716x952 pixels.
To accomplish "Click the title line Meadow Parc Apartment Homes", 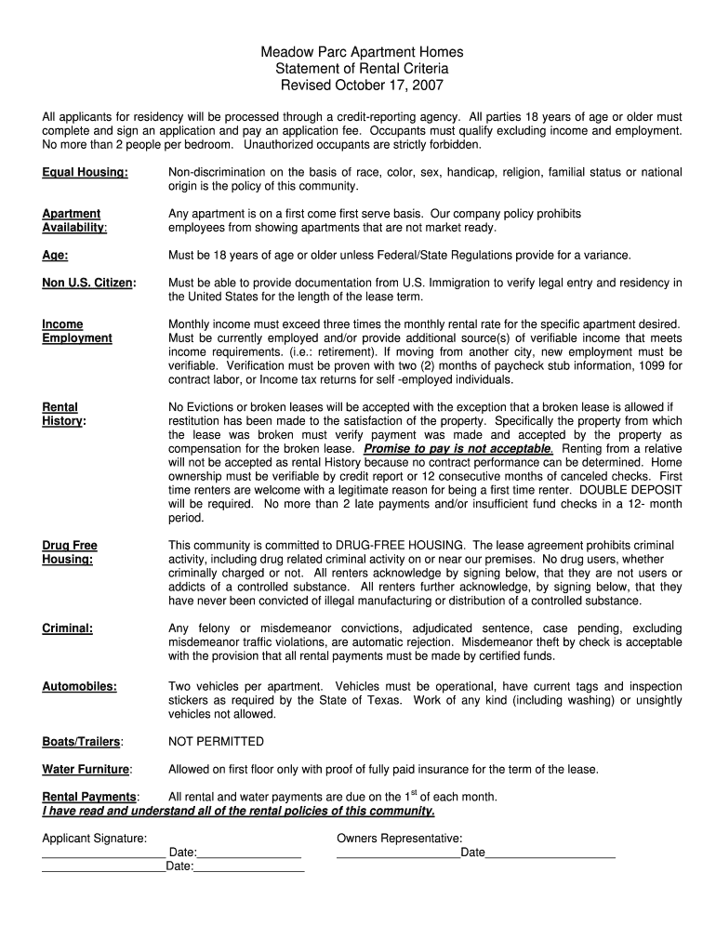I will [362, 53].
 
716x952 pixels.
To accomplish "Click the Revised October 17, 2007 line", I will [362, 86].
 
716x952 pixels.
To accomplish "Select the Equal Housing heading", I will [85, 173].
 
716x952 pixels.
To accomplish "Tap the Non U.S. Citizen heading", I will [89, 283].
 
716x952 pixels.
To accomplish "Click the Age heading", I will [55, 255].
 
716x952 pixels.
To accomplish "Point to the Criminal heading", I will [67, 628].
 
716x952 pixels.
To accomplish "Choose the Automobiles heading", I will [79, 686].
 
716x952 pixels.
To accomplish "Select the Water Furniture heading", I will [86, 769].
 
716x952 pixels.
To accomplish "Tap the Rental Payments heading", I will [90, 797].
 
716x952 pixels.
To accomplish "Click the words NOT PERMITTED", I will [216, 742].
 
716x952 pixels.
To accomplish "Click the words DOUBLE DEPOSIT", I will [631, 489].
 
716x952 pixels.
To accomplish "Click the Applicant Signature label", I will [94, 839].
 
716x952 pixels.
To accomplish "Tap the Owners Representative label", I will [399, 839].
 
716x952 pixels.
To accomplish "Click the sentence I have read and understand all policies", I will [238, 811].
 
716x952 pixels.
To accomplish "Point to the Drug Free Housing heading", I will [70, 552].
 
